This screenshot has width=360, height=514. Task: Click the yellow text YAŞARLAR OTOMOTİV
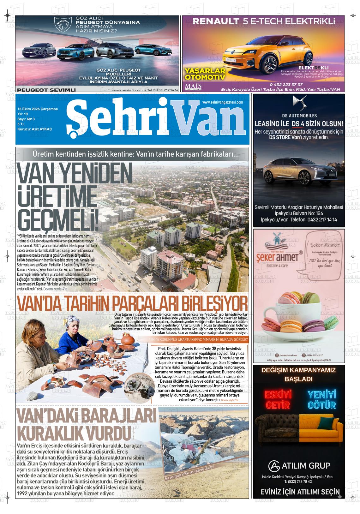(x=205, y=74)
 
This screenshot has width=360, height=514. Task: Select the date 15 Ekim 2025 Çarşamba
(x=38, y=109)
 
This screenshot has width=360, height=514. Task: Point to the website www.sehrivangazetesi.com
(x=223, y=102)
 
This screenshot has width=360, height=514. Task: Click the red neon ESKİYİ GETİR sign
(x=278, y=399)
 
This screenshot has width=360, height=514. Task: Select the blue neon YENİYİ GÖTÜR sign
(x=321, y=399)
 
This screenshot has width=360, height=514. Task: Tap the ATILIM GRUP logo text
(x=299, y=466)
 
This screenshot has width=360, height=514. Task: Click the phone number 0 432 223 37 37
(x=286, y=85)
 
